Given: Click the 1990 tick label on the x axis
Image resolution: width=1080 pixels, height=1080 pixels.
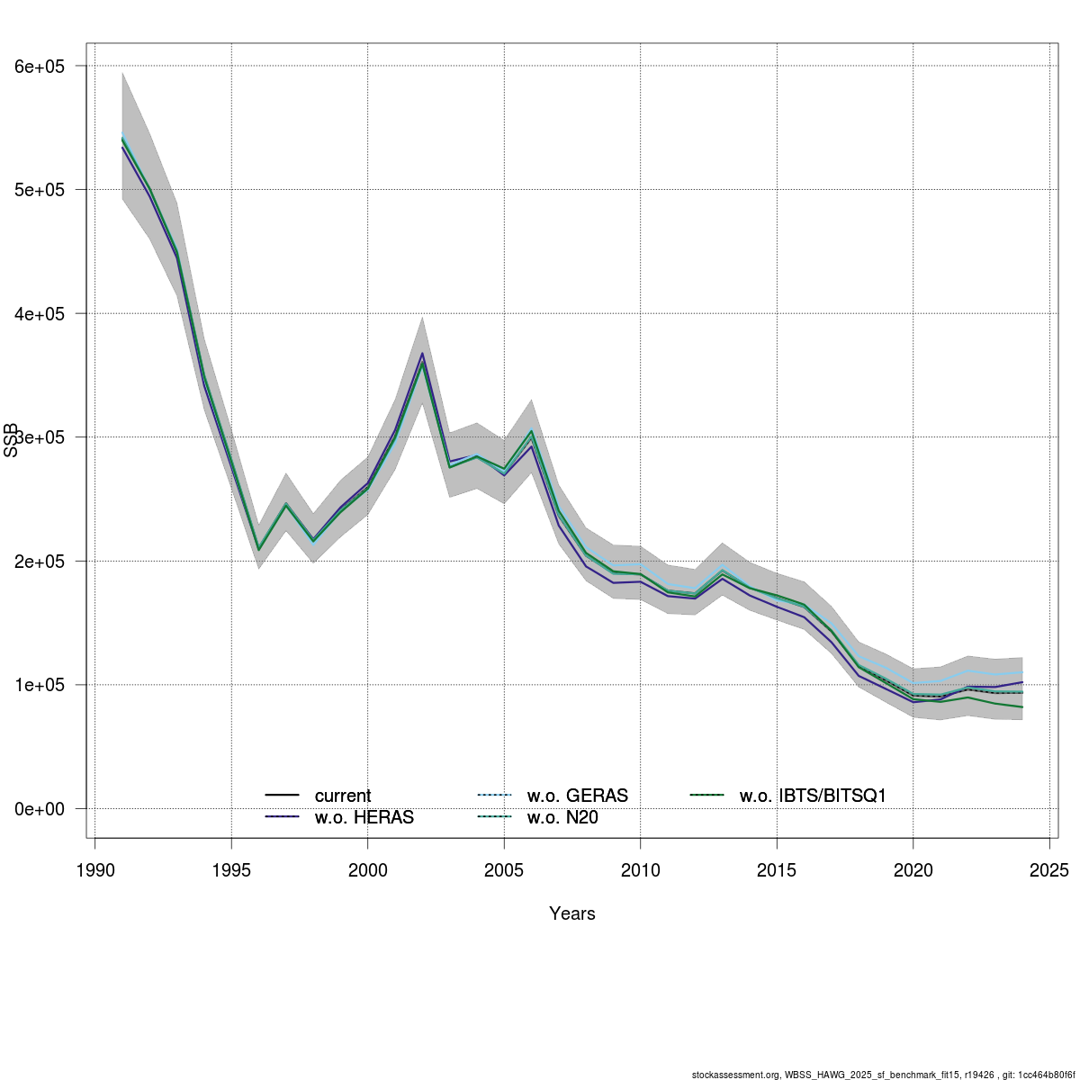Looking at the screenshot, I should tap(95, 870).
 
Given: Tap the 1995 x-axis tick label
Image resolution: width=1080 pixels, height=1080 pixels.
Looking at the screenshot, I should tap(231, 870).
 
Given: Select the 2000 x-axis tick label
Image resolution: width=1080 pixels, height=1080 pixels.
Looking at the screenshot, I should tap(368, 870).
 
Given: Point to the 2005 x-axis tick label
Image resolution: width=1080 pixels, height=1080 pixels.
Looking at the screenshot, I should tap(504, 870).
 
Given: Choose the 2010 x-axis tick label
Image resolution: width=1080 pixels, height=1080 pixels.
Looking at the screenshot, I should tap(640, 870).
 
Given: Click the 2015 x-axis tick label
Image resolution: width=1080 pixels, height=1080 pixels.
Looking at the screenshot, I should tap(777, 870).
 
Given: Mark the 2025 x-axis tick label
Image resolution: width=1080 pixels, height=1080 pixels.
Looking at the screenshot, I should tap(1049, 870).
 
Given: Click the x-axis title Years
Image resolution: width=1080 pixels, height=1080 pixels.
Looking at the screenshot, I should tap(572, 913).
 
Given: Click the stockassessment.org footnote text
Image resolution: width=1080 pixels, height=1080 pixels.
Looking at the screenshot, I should tap(883, 1075).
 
